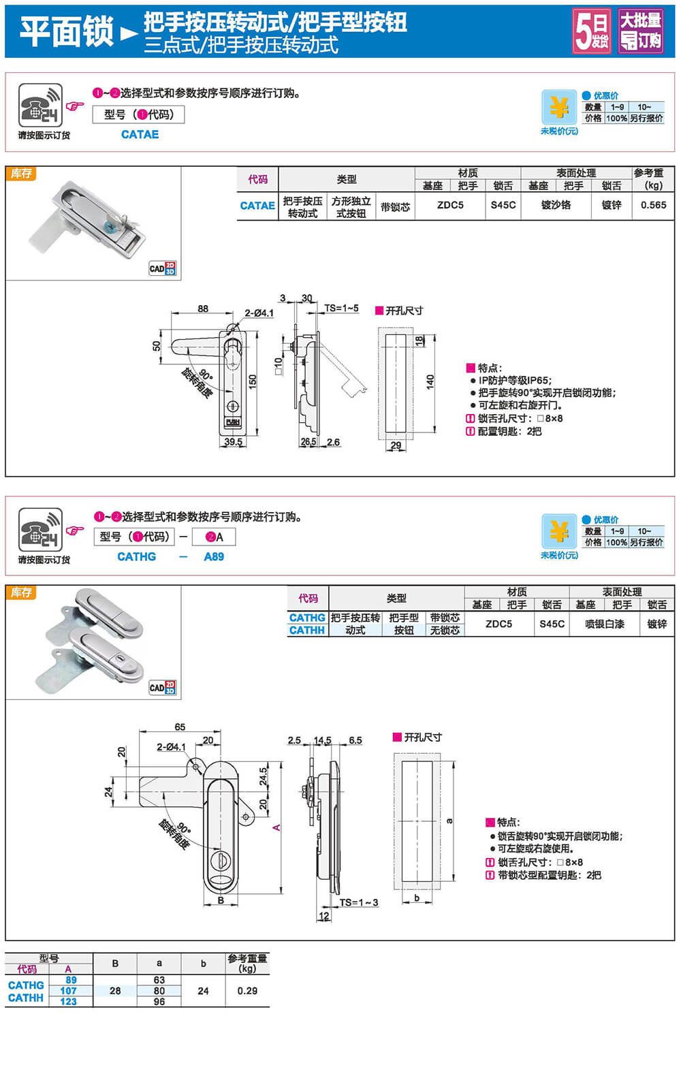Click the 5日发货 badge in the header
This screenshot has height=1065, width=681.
point(591,31)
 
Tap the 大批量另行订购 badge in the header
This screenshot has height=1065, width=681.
point(640,31)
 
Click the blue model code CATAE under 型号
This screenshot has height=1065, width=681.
point(140,134)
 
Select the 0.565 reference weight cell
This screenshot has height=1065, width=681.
point(653,205)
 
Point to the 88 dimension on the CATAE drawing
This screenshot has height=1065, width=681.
point(203,308)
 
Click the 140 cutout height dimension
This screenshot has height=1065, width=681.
point(430,381)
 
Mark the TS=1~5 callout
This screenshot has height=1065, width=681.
point(341,308)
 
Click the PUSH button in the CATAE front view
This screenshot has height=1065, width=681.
point(232,422)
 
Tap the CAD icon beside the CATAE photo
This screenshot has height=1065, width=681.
point(162,268)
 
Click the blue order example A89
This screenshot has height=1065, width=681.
point(214,556)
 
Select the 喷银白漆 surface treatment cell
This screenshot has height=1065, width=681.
point(604,624)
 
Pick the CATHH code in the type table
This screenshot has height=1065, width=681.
point(306,630)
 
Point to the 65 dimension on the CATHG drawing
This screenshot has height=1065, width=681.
point(180,727)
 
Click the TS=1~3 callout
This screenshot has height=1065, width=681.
point(359,902)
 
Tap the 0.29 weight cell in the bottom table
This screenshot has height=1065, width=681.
point(247,991)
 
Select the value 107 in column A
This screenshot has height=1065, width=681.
point(68,991)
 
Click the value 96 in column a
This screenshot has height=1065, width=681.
point(159,1002)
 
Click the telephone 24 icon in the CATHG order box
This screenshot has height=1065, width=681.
point(40,530)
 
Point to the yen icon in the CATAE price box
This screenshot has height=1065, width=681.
point(559,107)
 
